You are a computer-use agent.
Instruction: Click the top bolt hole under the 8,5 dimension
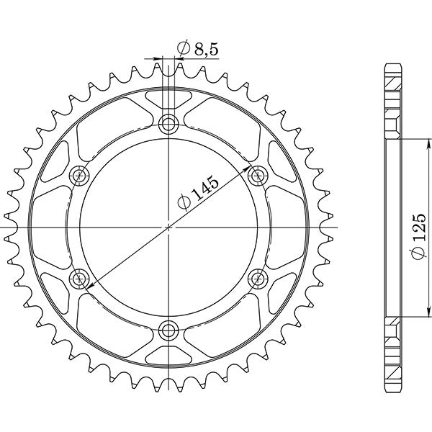(169, 123)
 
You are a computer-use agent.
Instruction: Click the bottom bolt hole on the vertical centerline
(169, 330)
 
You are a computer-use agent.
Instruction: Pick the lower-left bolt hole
(80, 278)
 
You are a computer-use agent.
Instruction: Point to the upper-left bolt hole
(80, 175)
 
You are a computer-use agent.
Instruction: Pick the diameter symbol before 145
(183, 204)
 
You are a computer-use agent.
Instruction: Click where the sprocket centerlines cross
(169, 227)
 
